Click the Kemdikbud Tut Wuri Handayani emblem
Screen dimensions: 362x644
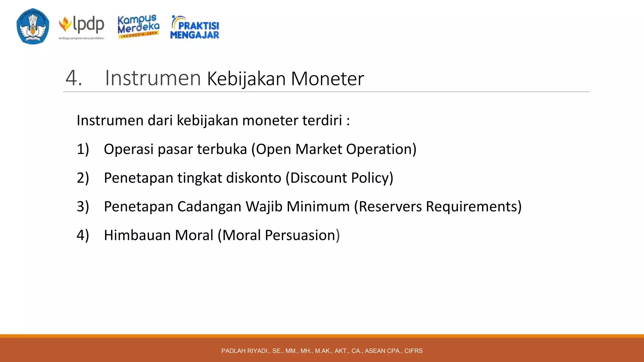point(33,26)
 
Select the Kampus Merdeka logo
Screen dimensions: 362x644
point(138,26)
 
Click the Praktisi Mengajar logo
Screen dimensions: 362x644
point(195,28)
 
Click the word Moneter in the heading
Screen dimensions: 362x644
point(327,79)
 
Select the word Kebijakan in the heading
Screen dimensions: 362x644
point(246,79)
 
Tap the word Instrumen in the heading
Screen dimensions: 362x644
point(153,78)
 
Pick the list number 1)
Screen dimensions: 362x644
point(83,149)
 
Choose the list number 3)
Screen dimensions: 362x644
point(83,206)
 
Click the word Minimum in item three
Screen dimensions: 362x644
point(318,206)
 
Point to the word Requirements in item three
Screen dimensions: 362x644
point(473,206)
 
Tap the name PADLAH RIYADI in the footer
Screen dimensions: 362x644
point(245,351)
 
